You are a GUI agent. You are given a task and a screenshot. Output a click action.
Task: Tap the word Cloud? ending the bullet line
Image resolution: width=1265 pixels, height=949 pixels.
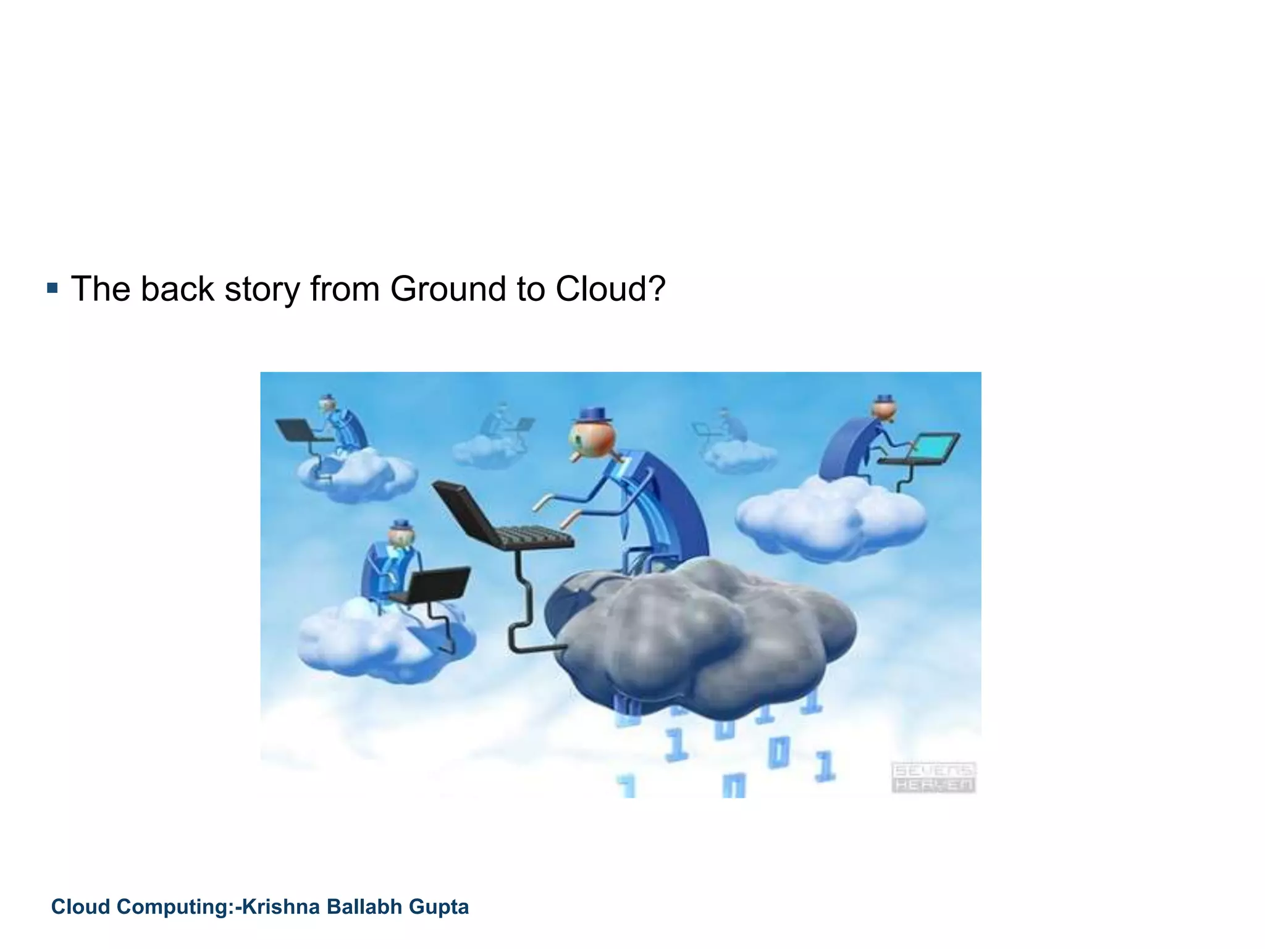(x=610, y=289)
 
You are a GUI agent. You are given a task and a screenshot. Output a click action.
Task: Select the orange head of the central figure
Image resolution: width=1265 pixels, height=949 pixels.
(x=591, y=438)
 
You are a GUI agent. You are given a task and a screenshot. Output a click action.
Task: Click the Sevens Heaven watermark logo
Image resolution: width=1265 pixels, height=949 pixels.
(x=933, y=777)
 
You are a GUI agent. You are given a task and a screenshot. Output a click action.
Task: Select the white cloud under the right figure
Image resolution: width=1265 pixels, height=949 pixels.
(x=831, y=519)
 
